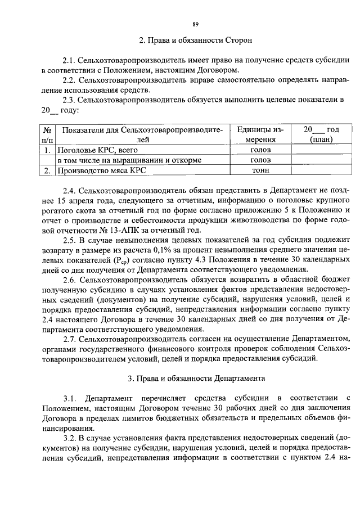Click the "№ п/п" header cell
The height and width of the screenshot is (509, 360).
click(48, 135)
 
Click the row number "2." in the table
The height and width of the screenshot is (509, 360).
click(48, 170)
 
